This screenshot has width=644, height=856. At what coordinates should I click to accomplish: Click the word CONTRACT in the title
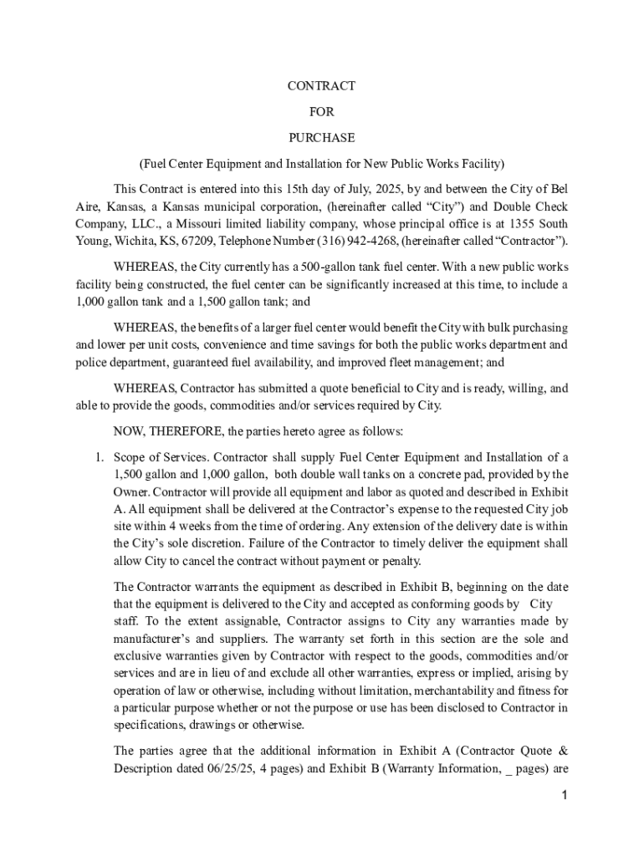tap(322, 86)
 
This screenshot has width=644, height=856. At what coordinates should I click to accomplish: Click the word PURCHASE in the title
tap(322, 137)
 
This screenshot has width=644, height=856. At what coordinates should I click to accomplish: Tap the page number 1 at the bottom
tap(565, 795)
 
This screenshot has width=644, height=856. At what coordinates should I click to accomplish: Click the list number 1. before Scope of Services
tap(98, 457)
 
